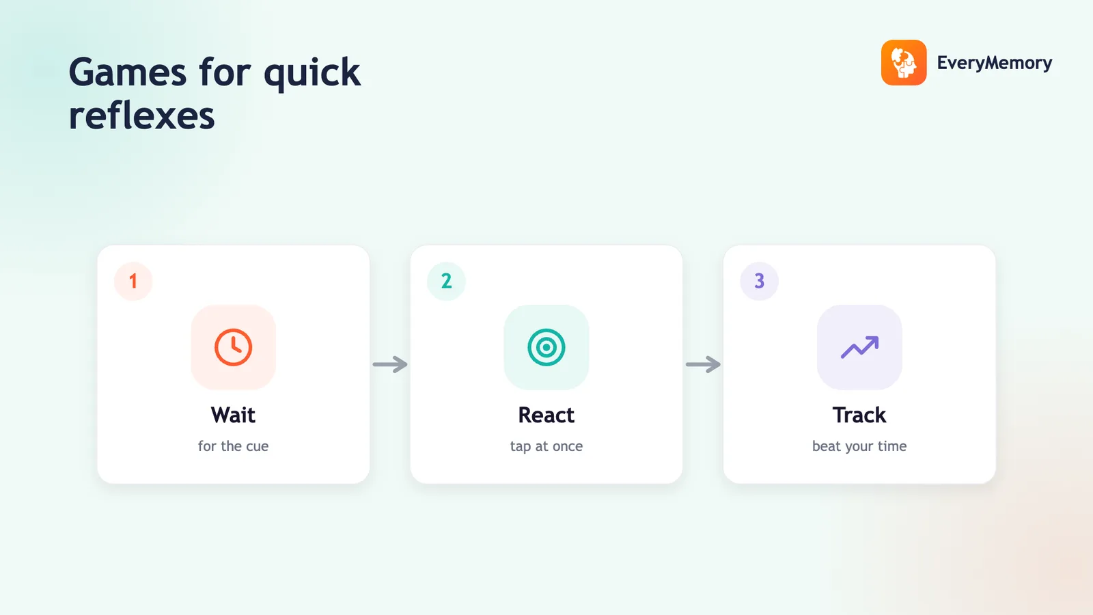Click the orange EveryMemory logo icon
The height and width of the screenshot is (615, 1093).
[904, 62]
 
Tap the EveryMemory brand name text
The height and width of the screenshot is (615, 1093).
[995, 63]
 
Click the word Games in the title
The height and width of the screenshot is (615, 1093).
[128, 72]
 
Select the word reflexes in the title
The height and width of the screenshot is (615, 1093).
[141, 115]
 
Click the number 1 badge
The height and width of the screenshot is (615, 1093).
[133, 281]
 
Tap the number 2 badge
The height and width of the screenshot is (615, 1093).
[446, 281]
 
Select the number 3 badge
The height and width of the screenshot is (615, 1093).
[759, 281]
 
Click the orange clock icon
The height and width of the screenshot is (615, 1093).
[233, 348]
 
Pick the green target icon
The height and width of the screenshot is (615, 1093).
[546, 348]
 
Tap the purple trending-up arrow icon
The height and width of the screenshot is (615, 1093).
[860, 347]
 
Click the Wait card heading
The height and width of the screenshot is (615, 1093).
[233, 415]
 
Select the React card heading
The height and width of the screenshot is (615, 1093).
[546, 415]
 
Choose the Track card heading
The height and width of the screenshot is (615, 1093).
[859, 415]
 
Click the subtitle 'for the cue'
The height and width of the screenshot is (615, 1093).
[233, 446]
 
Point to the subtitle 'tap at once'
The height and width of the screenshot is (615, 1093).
[546, 446]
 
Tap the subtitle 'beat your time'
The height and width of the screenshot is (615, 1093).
[859, 446]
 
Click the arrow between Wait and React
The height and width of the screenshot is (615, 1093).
[390, 364]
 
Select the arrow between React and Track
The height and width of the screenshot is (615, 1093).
[703, 364]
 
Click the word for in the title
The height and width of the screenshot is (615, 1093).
[225, 72]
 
